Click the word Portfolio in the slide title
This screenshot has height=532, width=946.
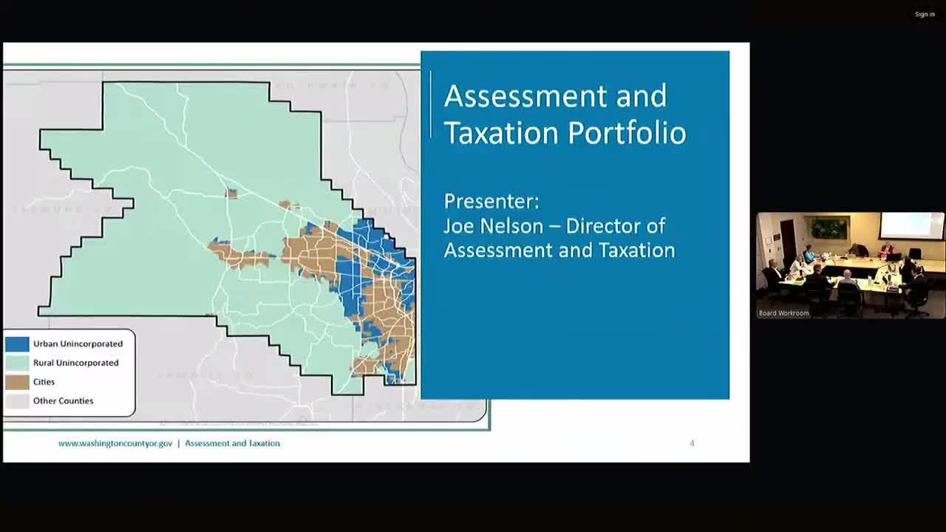627,134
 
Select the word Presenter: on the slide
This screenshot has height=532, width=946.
491,201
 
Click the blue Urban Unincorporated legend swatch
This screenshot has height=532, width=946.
17,344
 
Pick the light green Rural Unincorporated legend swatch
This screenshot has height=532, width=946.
17,363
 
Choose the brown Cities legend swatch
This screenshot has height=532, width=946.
17,382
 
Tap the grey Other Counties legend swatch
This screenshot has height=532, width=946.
17,401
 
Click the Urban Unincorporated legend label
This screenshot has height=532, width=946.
78,344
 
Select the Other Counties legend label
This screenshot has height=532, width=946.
63,401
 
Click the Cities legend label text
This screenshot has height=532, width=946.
44,382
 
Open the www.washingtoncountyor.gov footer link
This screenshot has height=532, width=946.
115,443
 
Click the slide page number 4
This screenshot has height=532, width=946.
692,443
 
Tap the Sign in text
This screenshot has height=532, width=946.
925,14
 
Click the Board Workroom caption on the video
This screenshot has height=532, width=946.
784,313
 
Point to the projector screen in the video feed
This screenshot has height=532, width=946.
911,225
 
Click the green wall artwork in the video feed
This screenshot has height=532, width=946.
829,228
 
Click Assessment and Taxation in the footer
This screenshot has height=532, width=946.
232,443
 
